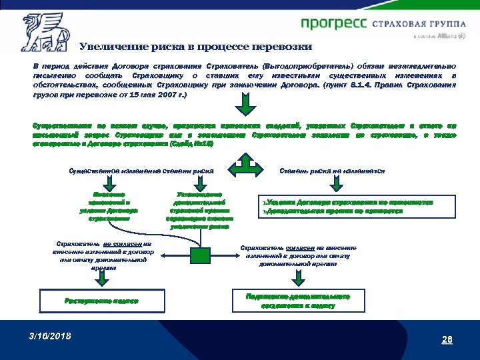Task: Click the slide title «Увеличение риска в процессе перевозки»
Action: pyautogui.click(x=195, y=47)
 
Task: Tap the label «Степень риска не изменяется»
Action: pyautogui.click(x=333, y=171)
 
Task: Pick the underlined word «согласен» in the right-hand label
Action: pyautogui.click(x=299, y=248)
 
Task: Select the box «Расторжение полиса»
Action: pyautogui.click(x=101, y=301)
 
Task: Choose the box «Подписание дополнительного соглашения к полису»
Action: pyautogui.click(x=297, y=300)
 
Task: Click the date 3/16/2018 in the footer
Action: pyautogui.click(x=50, y=335)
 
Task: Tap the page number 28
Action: pyautogui.click(x=447, y=340)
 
